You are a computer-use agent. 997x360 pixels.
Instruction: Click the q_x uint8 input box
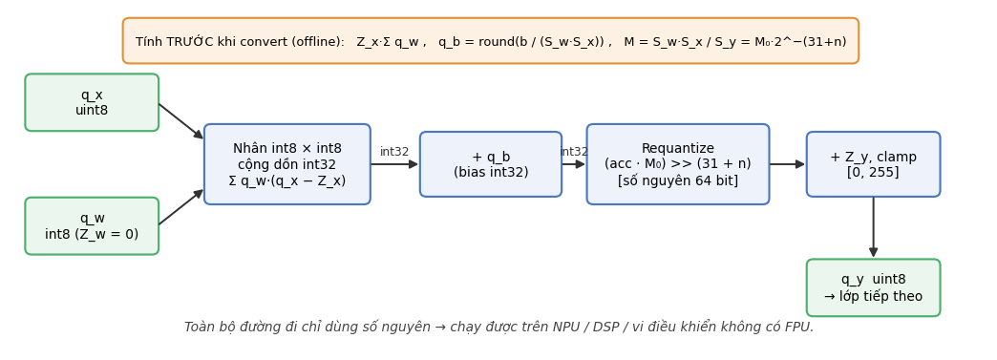click(x=92, y=102)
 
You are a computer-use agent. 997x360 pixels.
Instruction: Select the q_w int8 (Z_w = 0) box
click(x=92, y=225)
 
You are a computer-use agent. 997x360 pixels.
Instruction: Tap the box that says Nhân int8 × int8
click(x=287, y=164)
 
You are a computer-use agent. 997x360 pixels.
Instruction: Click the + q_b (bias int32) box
click(x=491, y=164)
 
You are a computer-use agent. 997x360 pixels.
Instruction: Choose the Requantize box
click(x=678, y=164)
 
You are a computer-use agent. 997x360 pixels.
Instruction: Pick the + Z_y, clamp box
click(x=873, y=164)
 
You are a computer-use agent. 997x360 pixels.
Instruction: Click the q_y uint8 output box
click(x=873, y=287)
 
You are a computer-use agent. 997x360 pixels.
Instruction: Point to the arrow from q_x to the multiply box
click(x=181, y=121)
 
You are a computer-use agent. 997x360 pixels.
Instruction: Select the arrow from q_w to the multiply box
click(x=181, y=207)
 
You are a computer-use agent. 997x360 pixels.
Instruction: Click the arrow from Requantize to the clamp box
click(x=787, y=164)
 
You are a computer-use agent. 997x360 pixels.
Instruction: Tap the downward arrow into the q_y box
click(x=873, y=227)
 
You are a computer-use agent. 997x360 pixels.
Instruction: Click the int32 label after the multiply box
click(x=394, y=152)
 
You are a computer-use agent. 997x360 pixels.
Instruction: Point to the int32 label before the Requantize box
click(x=574, y=152)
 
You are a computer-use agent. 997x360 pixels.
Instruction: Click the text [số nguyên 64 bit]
click(x=678, y=180)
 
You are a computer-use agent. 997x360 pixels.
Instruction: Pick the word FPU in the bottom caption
click(x=799, y=327)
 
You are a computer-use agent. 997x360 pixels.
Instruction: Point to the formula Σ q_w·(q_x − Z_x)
click(x=287, y=180)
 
